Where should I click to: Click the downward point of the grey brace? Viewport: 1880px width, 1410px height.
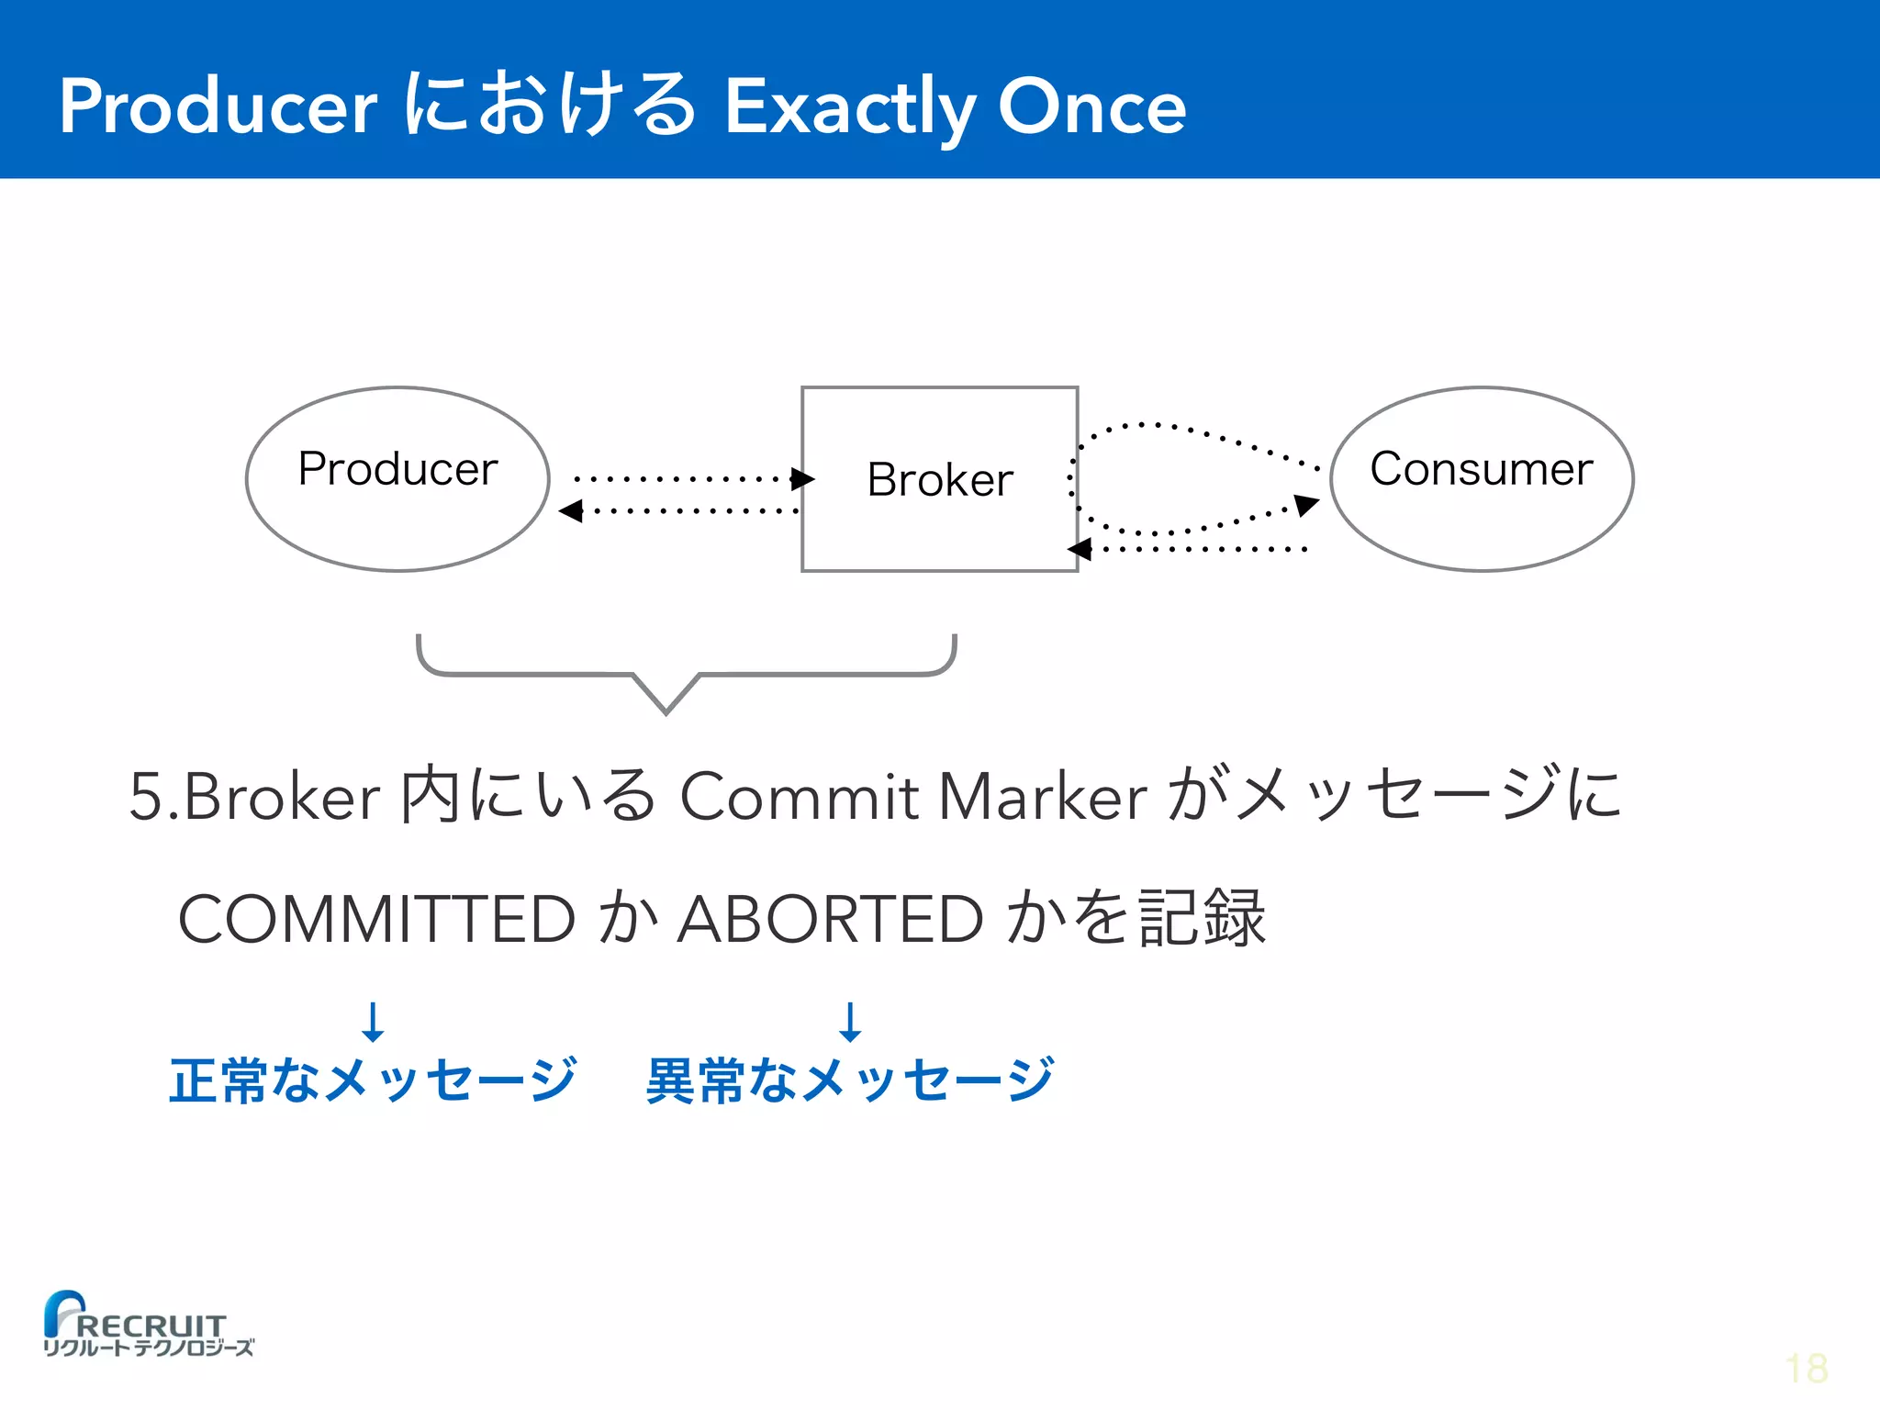[667, 708]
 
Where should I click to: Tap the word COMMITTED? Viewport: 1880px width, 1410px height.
[376, 919]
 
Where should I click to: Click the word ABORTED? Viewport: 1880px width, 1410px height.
[830, 919]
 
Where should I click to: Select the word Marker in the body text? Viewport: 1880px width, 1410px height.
[1042, 796]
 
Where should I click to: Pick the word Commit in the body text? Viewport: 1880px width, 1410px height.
[799, 796]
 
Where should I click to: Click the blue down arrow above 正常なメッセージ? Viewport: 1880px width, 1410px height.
[373, 1022]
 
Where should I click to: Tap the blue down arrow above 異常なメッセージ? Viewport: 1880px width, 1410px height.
[850, 1022]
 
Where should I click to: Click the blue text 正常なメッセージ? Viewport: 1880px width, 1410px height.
[373, 1080]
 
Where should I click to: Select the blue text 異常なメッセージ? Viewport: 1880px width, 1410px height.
[850, 1080]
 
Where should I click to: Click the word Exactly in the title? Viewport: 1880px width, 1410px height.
[849, 107]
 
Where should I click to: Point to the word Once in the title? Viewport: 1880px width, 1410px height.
[1091, 107]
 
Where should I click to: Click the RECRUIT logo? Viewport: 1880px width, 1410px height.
[147, 1325]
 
